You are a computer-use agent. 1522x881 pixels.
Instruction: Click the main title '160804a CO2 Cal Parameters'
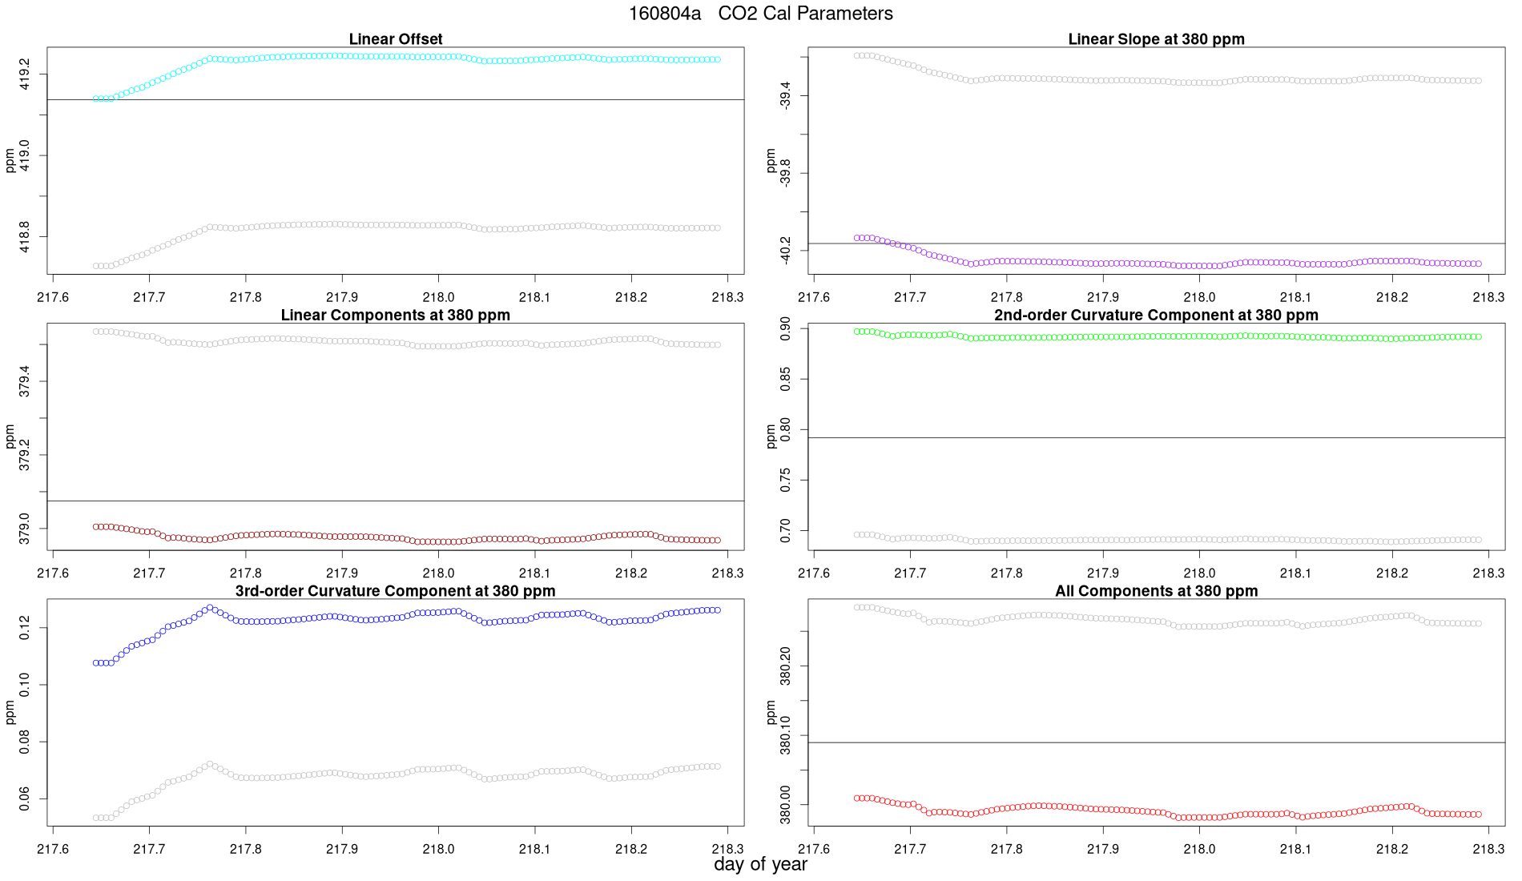point(760,14)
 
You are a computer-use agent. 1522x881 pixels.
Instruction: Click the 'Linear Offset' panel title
point(396,39)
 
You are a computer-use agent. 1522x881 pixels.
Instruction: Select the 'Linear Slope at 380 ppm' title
point(1156,39)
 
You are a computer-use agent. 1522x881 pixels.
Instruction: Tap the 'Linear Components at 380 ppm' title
point(396,315)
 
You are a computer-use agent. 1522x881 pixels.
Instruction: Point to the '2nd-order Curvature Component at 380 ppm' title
point(1156,315)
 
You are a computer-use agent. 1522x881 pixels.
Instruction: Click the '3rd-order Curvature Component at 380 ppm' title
point(396,591)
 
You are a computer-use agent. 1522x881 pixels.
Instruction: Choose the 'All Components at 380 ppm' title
point(1156,591)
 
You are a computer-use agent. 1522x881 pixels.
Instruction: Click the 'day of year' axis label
point(760,864)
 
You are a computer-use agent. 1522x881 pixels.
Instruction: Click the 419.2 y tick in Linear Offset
point(25,74)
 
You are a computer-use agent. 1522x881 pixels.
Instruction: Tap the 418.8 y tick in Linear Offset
point(25,237)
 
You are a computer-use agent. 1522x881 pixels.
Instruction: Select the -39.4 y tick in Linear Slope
point(786,96)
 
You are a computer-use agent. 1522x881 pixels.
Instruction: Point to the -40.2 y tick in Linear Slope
point(786,251)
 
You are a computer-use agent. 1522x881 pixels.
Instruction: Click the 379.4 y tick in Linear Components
point(25,381)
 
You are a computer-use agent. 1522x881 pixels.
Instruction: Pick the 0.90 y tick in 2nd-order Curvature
point(786,328)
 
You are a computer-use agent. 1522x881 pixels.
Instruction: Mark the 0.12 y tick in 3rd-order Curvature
point(25,627)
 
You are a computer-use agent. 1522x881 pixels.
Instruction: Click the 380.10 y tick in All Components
point(786,735)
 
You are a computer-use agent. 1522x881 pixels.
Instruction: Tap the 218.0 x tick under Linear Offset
point(438,297)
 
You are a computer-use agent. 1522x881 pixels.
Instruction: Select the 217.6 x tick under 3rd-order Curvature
point(53,849)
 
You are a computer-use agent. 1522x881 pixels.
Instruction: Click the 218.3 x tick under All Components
point(1488,849)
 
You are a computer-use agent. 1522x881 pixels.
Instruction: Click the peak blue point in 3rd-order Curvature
point(210,608)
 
